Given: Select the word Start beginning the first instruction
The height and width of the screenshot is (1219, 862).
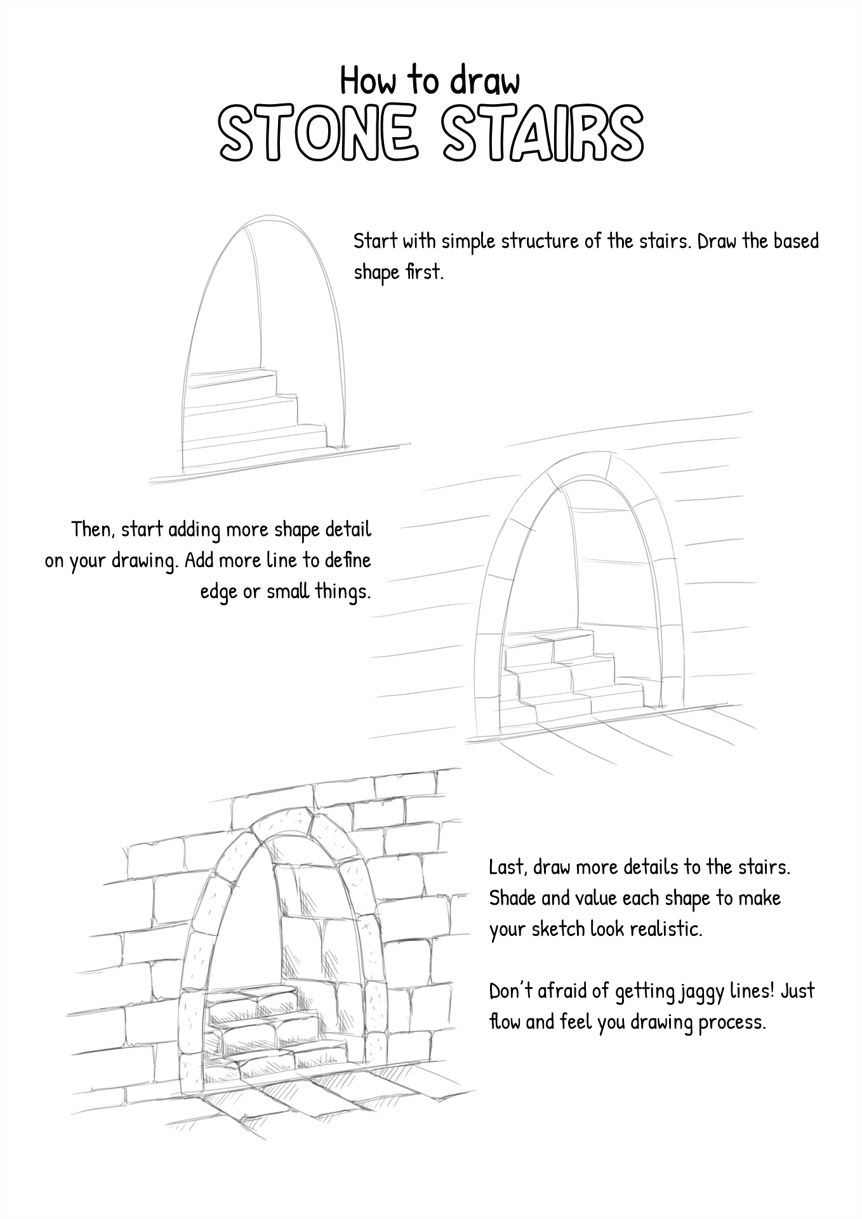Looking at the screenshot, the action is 375,241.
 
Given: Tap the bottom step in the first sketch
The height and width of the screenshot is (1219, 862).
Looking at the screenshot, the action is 254,438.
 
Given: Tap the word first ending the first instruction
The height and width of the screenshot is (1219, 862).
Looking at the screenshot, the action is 422,272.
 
